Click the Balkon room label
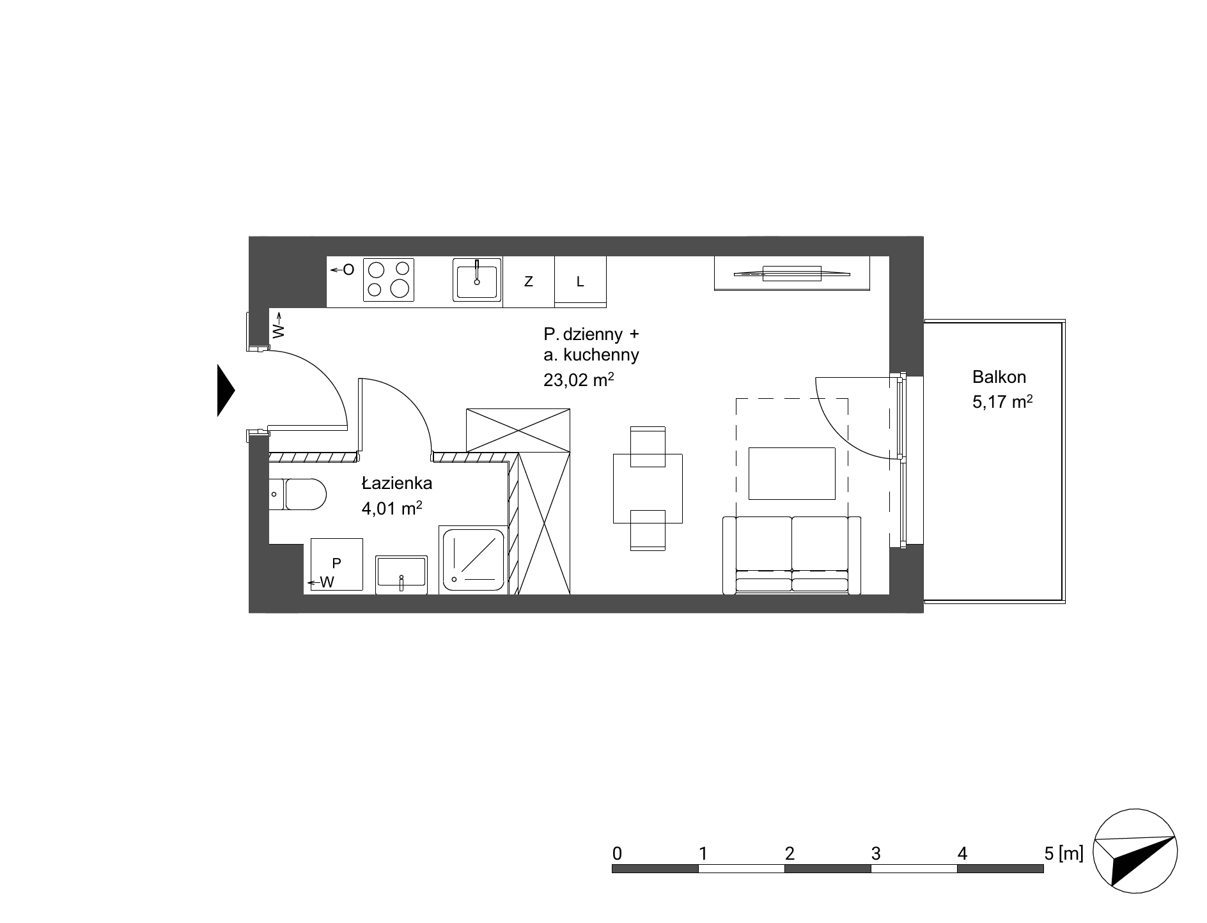point(999,376)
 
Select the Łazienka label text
point(396,483)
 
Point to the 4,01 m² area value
point(392,508)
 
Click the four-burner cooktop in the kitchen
point(389,279)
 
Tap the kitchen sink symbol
point(477,279)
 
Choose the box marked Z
point(529,281)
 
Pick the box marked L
point(580,281)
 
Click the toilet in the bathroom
point(298,494)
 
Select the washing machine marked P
point(337,564)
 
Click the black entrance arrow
point(226,390)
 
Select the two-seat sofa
point(792,555)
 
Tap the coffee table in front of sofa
point(792,473)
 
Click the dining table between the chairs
point(648,488)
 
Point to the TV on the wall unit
point(792,273)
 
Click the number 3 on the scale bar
point(876,853)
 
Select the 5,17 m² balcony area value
point(1002,402)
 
